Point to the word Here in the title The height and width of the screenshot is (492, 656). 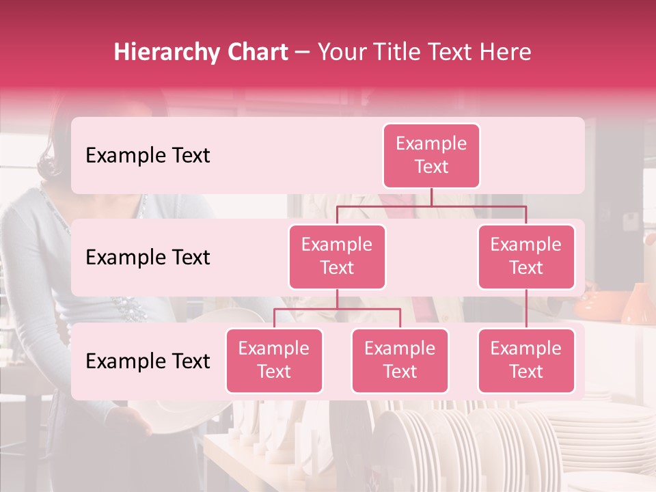click(x=505, y=53)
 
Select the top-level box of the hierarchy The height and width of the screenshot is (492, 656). click(x=431, y=155)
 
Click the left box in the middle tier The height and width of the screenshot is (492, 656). click(x=337, y=256)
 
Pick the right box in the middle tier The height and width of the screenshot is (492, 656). click(x=526, y=256)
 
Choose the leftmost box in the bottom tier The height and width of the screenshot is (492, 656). click(x=274, y=360)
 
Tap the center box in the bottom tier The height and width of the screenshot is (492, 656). click(x=400, y=360)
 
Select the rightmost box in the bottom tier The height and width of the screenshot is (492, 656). click(x=526, y=360)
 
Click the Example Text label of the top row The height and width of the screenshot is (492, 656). click(x=148, y=156)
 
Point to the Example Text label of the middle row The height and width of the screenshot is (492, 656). click(x=148, y=258)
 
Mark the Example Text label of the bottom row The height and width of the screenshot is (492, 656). click(x=148, y=361)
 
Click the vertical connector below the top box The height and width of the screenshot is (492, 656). click(x=431, y=197)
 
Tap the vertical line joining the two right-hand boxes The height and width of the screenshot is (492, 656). click(x=526, y=309)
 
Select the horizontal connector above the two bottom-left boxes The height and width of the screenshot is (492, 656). click(x=337, y=309)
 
